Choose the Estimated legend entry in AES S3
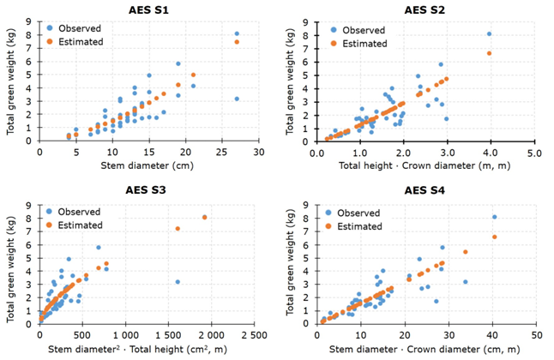tap(81, 225)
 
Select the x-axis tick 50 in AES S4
tap(535, 333)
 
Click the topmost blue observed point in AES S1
tap(237, 33)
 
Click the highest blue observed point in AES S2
tap(489, 34)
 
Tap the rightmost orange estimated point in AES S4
tap(494, 237)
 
